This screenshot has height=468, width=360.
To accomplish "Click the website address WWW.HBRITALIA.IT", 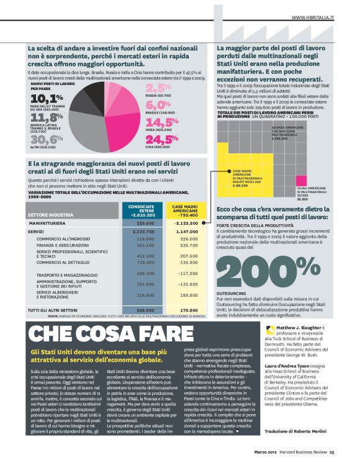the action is click(312, 17).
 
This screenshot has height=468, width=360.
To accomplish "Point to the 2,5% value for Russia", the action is click(158, 88).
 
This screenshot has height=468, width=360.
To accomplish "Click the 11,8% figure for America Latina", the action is click(46, 118).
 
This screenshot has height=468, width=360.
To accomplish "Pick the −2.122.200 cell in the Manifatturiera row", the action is click(185, 223).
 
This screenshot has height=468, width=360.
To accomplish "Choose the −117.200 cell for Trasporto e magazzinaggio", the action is click(184, 273).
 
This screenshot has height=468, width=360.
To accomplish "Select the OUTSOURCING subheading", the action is click(231, 291).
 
